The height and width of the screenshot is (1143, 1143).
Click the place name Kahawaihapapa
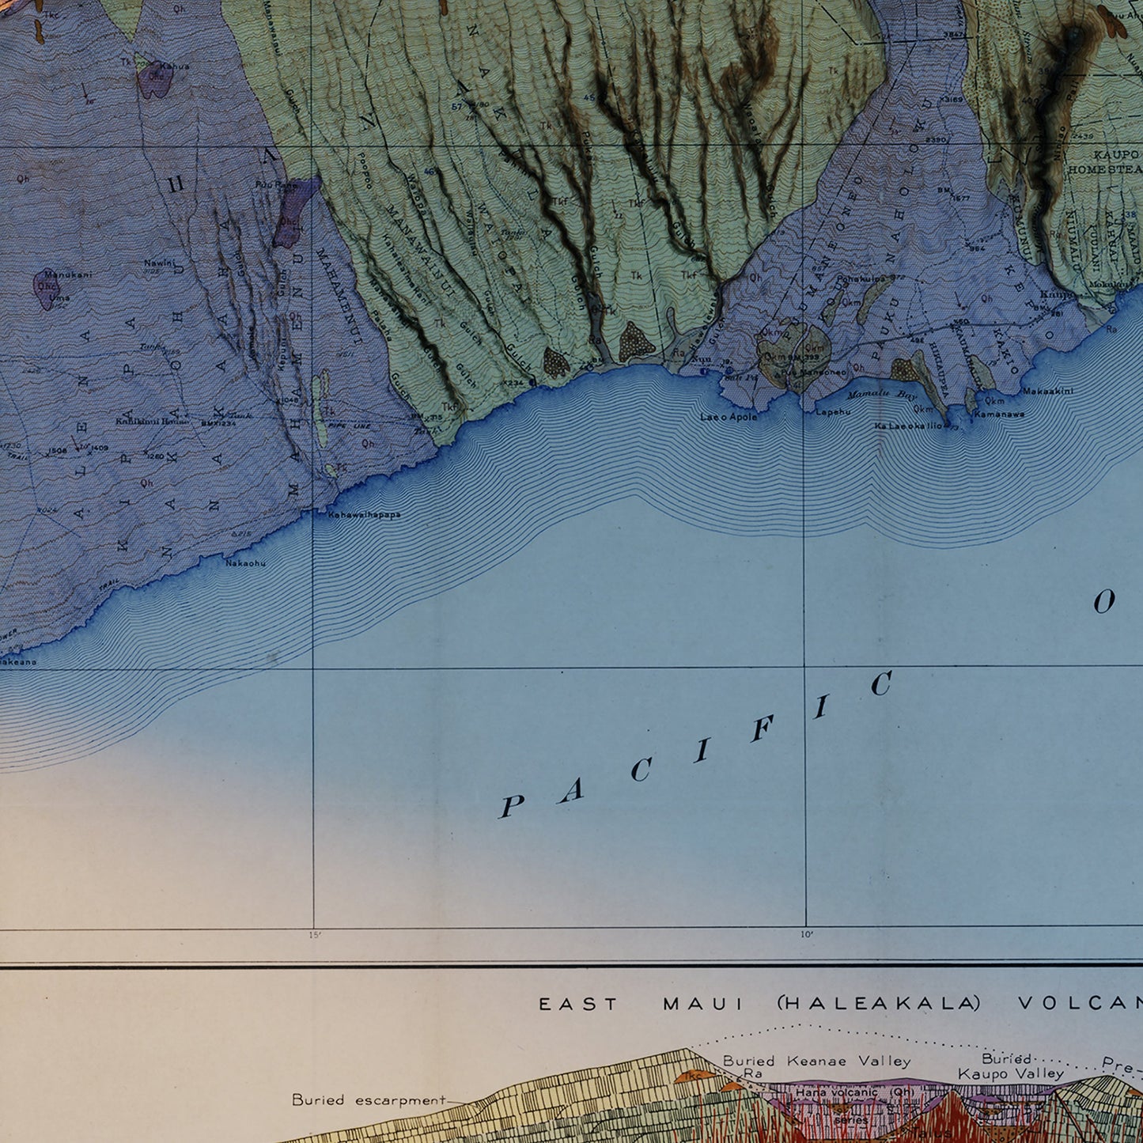(x=364, y=515)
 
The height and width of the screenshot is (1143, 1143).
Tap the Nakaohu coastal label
(x=245, y=563)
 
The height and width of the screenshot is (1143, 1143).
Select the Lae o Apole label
(x=729, y=417)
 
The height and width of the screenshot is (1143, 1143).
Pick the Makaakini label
(x=1047, y=391)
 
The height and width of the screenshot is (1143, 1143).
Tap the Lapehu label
(x=832, y=412)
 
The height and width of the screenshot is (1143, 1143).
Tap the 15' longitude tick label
(x=315, y=936)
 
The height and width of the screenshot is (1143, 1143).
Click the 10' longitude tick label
(x=806, y=935)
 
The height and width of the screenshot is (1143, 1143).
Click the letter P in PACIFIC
(x=511, y=807)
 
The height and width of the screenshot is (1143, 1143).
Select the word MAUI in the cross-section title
(x=704, y=1004)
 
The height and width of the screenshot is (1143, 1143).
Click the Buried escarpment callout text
(x=369, y=1099)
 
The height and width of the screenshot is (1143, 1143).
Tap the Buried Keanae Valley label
(x=816, y=1062)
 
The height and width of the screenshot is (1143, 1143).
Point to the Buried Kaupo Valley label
(x=1010, y=1066)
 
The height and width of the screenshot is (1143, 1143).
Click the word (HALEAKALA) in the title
(x=878, y=1004)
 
